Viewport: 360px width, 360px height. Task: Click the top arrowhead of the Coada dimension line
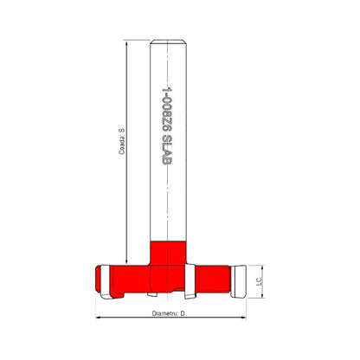click(x=126, y=43)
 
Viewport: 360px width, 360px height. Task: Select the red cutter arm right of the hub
click(x=212, y=278)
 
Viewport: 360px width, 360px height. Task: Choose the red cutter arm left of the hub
click(x=125, y=278)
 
